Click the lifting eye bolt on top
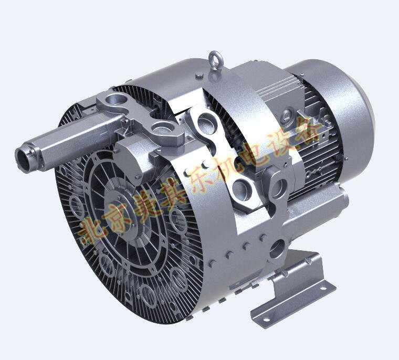(x=216, y=61)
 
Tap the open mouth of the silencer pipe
(x=24, y=159)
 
